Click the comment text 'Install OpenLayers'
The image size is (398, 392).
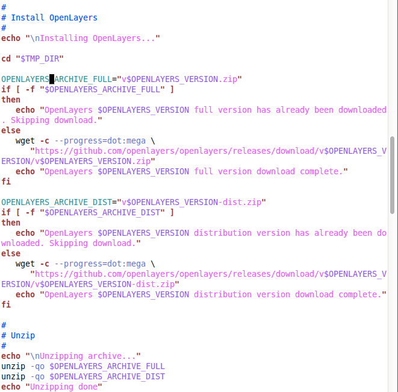pos(54,17)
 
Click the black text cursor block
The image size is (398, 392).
pos(52,79)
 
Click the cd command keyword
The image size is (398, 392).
pos(6,58)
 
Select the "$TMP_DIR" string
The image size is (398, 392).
pos(40,58)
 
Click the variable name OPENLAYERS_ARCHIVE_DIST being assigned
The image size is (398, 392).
pos(57,202)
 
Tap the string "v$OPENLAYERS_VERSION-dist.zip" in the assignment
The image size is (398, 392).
pos(191,202)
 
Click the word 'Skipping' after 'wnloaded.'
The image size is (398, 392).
pos(69,243)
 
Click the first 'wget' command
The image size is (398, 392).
pos(25,141)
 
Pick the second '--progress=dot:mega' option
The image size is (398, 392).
pos(101,264)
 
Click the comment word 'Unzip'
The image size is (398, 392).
pos(23,335)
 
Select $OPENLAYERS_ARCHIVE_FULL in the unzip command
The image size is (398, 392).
pos(107,366)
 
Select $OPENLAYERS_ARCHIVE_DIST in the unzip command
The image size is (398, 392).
pos(107,376)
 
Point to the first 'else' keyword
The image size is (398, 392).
pos(11,130)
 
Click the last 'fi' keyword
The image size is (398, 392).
pos(6,305)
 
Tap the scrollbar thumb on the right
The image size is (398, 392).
pos(392,175)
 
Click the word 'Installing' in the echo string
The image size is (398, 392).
pos(64,38)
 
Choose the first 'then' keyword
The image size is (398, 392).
pos(11,100)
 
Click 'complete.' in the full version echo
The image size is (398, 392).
pos(322,172)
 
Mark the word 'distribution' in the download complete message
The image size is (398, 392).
pos(223,294)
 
